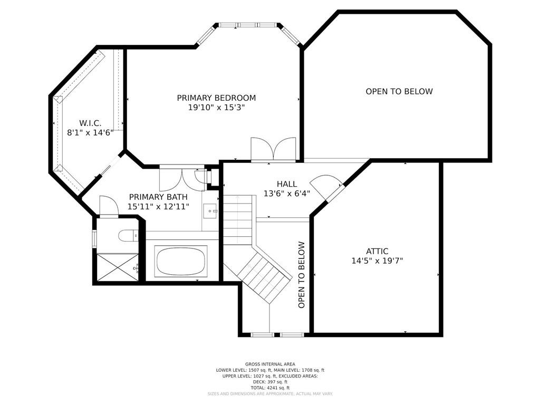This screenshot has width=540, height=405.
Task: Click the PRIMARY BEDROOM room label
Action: pyautogui.click(x=216, y=98)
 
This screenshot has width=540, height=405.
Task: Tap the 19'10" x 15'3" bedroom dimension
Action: pyautogui.click(x=216, y=108)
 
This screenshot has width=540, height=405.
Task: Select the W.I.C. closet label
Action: pyautogui.click(x=90, y=123)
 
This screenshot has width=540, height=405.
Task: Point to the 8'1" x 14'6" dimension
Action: pyautogui.click(x=90, y=132)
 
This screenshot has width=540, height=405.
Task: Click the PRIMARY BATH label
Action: pyautogui.click(x=158, y=197)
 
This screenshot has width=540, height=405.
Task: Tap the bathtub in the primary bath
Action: pyautogui.click(x=181, y=261)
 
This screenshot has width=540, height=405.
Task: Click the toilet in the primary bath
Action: pyautogui.click(x=128, y=236)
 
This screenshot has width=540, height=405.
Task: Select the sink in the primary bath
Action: pyautogui.click(x=210, y=211)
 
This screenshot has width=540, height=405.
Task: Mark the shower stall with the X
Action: pyautogui.click(x=118, y=267)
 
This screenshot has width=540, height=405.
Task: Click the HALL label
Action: pyautogui.click(x=287, y=184)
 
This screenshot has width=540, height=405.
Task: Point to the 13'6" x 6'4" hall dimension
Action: pyautogui.click(x=287, y=194)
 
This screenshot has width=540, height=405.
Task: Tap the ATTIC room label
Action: pyautogui.click(x=377, y=252)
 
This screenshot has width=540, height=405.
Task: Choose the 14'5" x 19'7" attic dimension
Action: pyautogui.click(x=377, y=261)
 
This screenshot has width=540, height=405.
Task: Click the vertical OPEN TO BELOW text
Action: pyautogui.click(x=302, y=275)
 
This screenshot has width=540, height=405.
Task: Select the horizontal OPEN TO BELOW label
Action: pyautogui.click(x=399, y=91)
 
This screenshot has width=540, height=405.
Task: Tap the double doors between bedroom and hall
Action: pyautogui.click(x=274, y=149)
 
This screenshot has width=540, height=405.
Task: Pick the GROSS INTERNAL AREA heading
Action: pyautogui.click(x=270, y=364)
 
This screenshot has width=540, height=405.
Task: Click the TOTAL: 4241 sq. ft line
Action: pyautogui.click(x=270, y=388)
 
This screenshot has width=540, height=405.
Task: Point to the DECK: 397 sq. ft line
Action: pyautogui.click(x=270, y=382)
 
